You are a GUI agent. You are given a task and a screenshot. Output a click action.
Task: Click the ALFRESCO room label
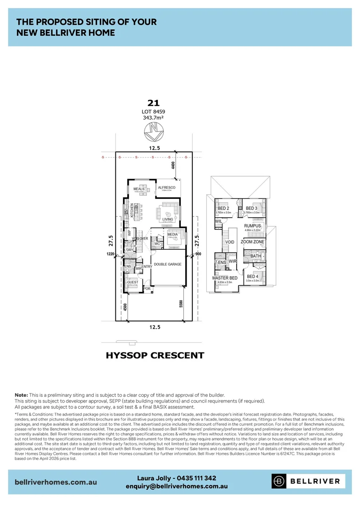(x=166, y=188)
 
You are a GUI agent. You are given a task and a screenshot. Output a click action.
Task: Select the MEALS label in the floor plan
(x=139, y=189)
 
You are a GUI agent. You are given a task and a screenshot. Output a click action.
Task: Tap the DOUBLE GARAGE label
(x=167, y=264)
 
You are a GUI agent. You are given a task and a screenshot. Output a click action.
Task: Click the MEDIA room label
(x=172, y=234)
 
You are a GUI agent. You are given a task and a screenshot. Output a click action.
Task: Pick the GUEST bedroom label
(x=132, y=282)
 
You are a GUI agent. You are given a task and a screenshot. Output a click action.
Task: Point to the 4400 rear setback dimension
(x=173, y=165)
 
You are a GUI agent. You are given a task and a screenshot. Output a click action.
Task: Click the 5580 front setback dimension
(x=181, y=304)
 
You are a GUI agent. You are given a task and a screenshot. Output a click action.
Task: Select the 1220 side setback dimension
(x=111, y=254)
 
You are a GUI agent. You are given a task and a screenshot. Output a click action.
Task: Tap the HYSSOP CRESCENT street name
(x=155, y=355)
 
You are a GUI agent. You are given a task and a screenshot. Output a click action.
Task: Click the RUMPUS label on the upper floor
(x=253, y=226)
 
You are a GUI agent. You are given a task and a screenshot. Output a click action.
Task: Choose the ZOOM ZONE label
(x=253, y=242)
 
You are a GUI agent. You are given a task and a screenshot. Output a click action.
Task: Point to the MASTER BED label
(x=225, y=278)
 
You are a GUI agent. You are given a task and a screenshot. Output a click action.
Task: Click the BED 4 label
(x=252, y=277)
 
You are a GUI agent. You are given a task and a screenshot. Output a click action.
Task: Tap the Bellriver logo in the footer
(x=308, y=481)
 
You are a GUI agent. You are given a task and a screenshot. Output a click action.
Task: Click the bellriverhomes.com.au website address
(x=56, y=482)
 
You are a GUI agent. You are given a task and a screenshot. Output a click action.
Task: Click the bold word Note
(x=21, y=394)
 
